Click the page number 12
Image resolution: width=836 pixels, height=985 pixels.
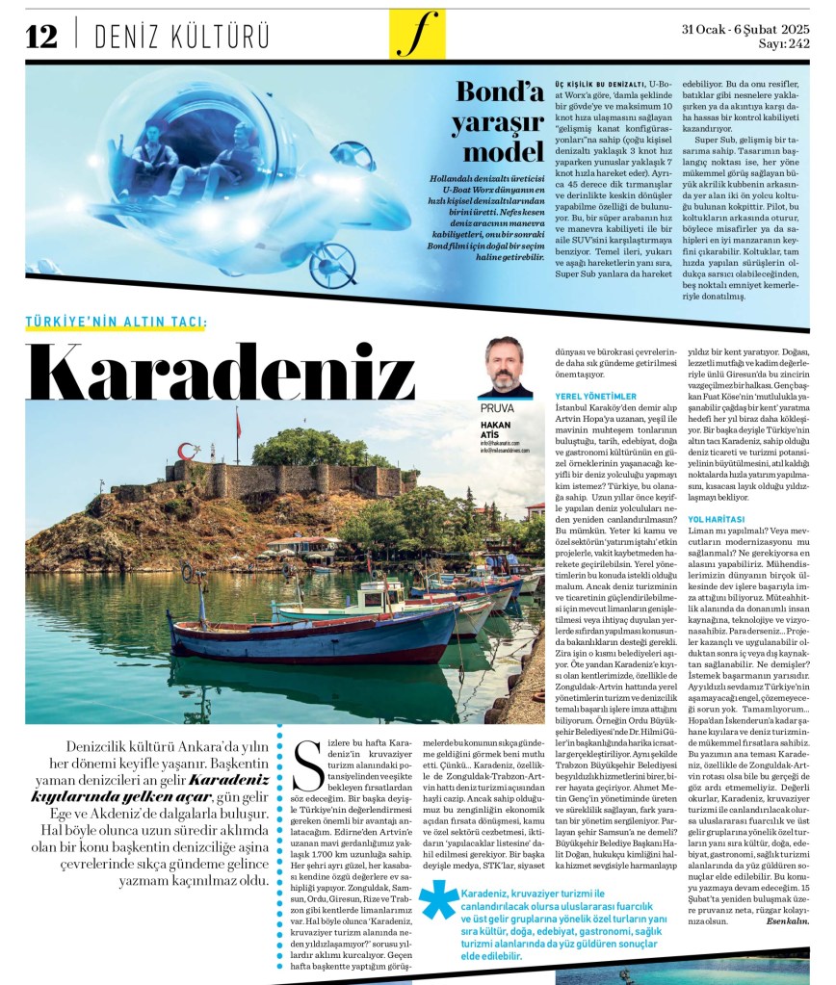click(x=41, y=36)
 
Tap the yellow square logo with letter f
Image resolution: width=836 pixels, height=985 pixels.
click(x=417, y=35)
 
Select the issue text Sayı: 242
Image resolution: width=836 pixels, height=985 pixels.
click(x=785, y=42)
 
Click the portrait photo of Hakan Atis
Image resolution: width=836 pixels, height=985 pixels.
click(x=505, y=367)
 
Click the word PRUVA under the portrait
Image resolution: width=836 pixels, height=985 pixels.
click(x=497, y=408)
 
